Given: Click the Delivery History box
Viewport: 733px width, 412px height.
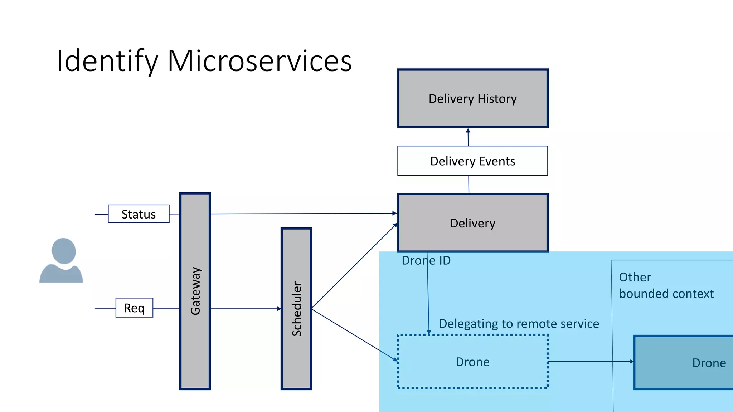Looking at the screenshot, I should coord(472,98).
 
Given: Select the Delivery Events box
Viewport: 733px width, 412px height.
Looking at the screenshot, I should coord(472,161).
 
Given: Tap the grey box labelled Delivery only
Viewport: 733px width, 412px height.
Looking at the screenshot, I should coord(472,223).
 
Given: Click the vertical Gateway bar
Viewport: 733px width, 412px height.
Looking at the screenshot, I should coord(195,291).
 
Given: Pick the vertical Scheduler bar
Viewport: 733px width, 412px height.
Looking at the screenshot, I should coord(296,308).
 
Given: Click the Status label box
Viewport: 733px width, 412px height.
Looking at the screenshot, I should coord(139,214).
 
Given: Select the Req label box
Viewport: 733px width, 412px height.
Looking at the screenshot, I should coord(134,308).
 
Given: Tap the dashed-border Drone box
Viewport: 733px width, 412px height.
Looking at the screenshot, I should coord(472,362).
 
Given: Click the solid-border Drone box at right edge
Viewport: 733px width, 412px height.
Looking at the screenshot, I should coord(684,362).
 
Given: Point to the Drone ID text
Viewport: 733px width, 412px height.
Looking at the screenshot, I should coord(426,260).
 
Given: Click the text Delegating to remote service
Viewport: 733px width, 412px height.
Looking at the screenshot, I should coord(519,323).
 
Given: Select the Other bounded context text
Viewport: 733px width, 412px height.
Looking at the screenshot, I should coord(666,285).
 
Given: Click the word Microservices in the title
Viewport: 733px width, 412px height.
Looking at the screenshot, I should coord(259,61).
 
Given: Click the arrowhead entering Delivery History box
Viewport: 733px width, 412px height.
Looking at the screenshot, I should coord(468,131).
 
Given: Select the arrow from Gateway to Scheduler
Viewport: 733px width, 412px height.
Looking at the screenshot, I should coord(246,309).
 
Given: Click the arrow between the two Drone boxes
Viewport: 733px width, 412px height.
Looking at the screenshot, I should coord(591,362).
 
